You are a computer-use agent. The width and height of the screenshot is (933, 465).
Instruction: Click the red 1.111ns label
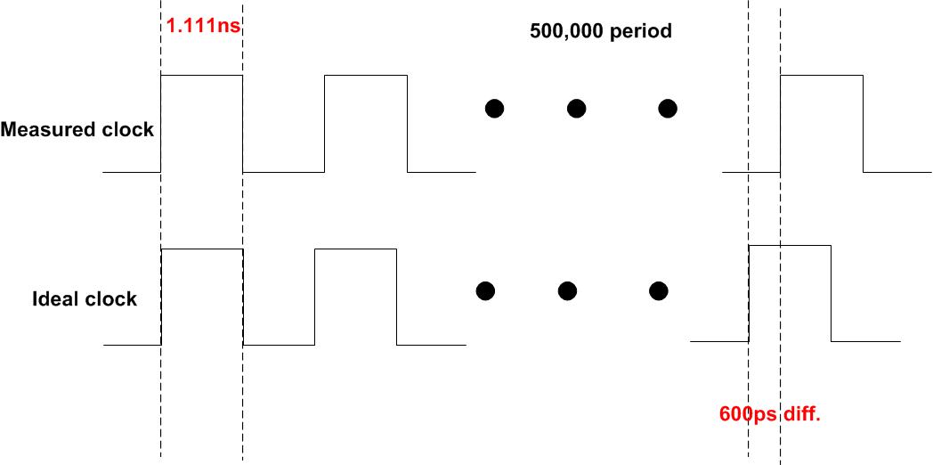point(204,26)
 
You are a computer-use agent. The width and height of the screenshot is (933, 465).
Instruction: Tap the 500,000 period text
point(601,32)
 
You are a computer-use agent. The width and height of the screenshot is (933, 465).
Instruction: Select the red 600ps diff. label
point(769,415)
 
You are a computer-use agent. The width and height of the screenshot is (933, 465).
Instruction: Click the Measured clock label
point(77,130)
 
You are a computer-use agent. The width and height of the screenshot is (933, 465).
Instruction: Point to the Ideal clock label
point(84,299)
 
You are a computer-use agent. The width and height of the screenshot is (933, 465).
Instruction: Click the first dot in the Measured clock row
point(495,109)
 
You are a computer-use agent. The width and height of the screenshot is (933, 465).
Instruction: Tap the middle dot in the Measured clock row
point(577,109)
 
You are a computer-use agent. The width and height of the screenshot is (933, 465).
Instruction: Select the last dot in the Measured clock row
point(668,109)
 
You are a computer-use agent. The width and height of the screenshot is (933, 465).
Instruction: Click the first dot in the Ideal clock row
point(485,290)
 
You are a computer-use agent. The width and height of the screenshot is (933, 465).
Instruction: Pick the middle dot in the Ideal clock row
point(567,290)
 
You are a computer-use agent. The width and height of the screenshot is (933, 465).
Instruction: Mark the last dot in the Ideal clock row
point(659,290)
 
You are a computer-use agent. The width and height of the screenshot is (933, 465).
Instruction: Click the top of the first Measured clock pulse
point(201,77)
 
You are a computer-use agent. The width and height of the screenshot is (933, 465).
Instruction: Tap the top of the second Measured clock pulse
point(366,77)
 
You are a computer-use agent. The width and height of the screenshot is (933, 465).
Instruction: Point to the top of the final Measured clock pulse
point(822,77)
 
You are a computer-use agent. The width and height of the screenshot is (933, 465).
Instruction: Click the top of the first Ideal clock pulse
point(201,250)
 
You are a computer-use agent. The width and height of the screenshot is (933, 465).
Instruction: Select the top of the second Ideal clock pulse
point(355,250)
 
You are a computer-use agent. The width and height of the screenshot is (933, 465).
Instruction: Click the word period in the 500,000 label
point(640,32)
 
